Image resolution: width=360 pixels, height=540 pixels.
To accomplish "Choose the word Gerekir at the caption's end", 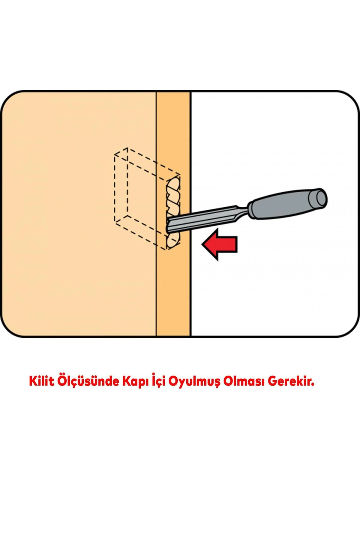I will click(x=290, y=381).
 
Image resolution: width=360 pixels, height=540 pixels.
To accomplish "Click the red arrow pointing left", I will click(x=220, y=244).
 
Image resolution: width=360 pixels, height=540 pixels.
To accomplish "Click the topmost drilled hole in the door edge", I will click(x=173, y=183).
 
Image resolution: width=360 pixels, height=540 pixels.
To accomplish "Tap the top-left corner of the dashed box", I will click(x=115, y=155).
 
